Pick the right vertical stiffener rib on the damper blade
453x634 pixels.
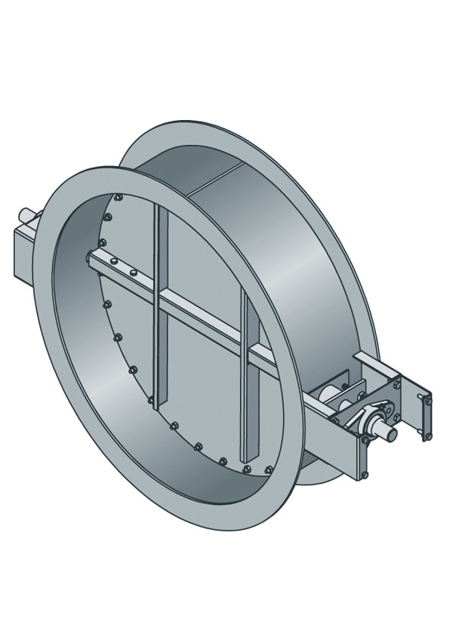click(x=245, y=377)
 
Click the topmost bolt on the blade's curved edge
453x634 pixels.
click(x=118, y=198)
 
